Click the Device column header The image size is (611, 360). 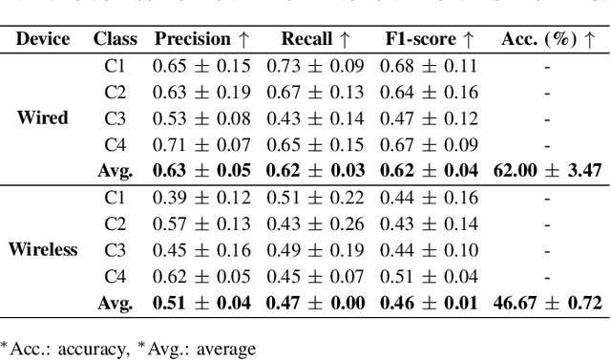[x=42, y=39]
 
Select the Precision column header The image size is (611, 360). [x=200, y=39]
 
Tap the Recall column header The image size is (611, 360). [x=316, y=39]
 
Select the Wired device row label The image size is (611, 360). [x=42, y=118]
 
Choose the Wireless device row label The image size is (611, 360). [x=42, y=250]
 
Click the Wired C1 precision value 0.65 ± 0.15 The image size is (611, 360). [x=201, y=67]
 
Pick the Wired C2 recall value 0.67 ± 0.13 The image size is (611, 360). [x=315, y=93]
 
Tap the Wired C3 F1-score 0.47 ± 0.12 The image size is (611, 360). [x=430, y=119]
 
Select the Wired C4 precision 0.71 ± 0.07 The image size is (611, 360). [x=201, y=145]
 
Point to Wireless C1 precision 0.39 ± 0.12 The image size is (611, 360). [x=201, y=198]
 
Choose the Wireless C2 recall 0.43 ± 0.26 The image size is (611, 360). [x=315, y=224]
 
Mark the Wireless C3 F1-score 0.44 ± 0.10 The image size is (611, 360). [x=430, y=250]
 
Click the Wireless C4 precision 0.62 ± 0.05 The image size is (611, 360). [x=201, y=277]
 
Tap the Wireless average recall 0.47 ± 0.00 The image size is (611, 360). [x=315, y=303]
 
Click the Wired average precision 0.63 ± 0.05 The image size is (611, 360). [x=201, y=171]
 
